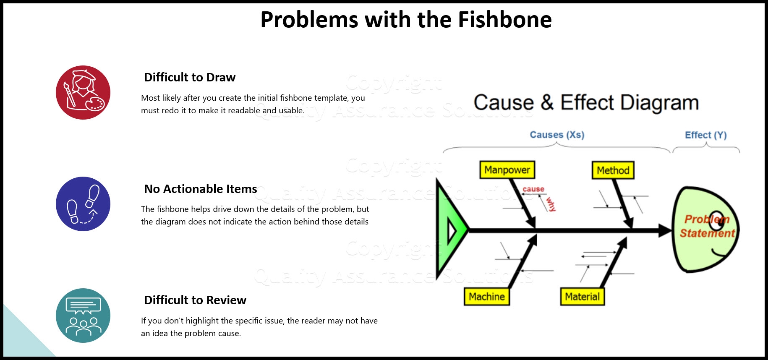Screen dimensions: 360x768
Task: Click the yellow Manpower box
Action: point(507,170)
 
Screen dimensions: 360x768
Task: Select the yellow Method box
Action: point(613,170)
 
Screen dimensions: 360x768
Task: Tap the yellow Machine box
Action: point(486,297)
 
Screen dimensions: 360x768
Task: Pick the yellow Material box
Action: point(582,297)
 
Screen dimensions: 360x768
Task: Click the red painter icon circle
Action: point(83,93)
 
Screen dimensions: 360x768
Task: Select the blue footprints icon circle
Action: point(83,204)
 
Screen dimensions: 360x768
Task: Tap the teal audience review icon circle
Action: point(83,316)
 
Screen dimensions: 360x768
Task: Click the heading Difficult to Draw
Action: point(190,77)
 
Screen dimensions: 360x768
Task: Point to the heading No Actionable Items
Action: point(201,189)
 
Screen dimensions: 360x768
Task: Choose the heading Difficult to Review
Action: point(195,300)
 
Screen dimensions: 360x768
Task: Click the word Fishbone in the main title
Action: point(504,20)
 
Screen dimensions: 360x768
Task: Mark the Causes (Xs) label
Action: point(557,135)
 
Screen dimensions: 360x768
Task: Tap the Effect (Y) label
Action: point(705,135)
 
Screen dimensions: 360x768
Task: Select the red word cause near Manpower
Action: point(533,189)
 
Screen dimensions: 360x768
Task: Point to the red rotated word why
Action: point(551,204)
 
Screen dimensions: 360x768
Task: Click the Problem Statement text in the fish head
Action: point(707,227)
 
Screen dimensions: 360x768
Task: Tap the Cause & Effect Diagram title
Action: point(586,103)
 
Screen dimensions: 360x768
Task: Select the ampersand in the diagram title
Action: point(547,103)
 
